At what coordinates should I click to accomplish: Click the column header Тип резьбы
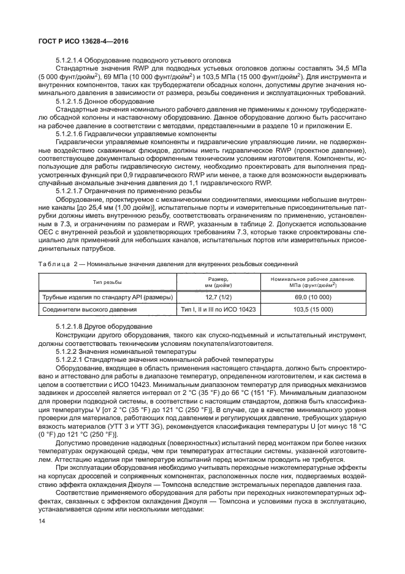[x=107, y=281]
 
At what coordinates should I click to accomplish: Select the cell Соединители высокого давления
[x=85, y=310]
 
